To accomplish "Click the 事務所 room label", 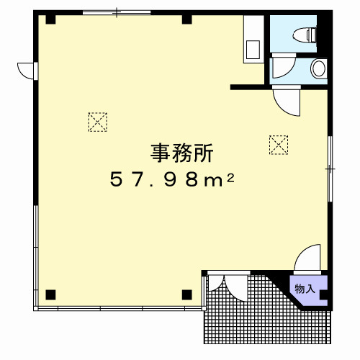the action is (x=181, y=153).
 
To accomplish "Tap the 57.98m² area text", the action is (x=172, y=180).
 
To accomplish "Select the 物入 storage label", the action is (x=305, y=289).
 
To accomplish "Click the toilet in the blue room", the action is (x=305, y=35).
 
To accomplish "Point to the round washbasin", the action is (x=319, y=68).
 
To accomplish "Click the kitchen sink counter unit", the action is (x=253, y=39).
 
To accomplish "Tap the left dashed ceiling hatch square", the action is (x=97, y=122).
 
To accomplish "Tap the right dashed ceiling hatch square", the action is (x=279, y=145).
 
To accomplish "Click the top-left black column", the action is (x=50, y=19).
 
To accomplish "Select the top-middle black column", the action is (x=186, y=19).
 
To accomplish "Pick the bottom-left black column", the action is (x=50, y=294).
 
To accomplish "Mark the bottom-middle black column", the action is (x=186, y=294).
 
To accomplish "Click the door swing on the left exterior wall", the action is (x=27, y=71).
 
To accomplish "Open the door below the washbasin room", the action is (x=287, y=101).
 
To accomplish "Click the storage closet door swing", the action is (x=307, y=259).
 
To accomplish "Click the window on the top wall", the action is (x=117, y=12).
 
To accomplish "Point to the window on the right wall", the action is (x=330, y=168).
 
